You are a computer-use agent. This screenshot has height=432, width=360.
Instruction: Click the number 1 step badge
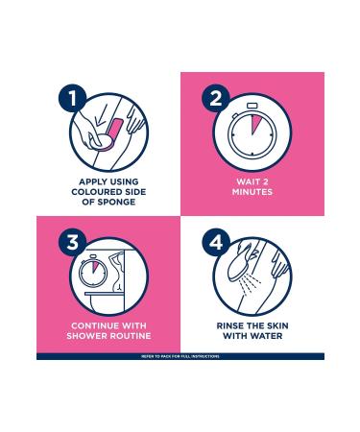coord(73,98)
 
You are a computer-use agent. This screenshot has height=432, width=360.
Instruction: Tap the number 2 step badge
coord(216,98)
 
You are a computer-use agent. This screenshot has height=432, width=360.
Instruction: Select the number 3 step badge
coord(73,242)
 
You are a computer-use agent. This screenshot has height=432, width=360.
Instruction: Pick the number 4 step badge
coord(216,242)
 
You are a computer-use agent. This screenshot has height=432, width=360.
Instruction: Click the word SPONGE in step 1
coord(116,202)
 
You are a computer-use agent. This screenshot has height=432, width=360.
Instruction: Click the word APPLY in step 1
coord(91,181)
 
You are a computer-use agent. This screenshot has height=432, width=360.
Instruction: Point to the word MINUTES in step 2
coord(252,192)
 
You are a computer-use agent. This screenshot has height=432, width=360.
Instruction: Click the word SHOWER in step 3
coord(87,336)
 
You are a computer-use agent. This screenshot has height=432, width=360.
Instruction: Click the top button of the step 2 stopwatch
coord(252,106)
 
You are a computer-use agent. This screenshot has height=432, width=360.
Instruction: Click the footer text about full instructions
coord(180,356)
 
